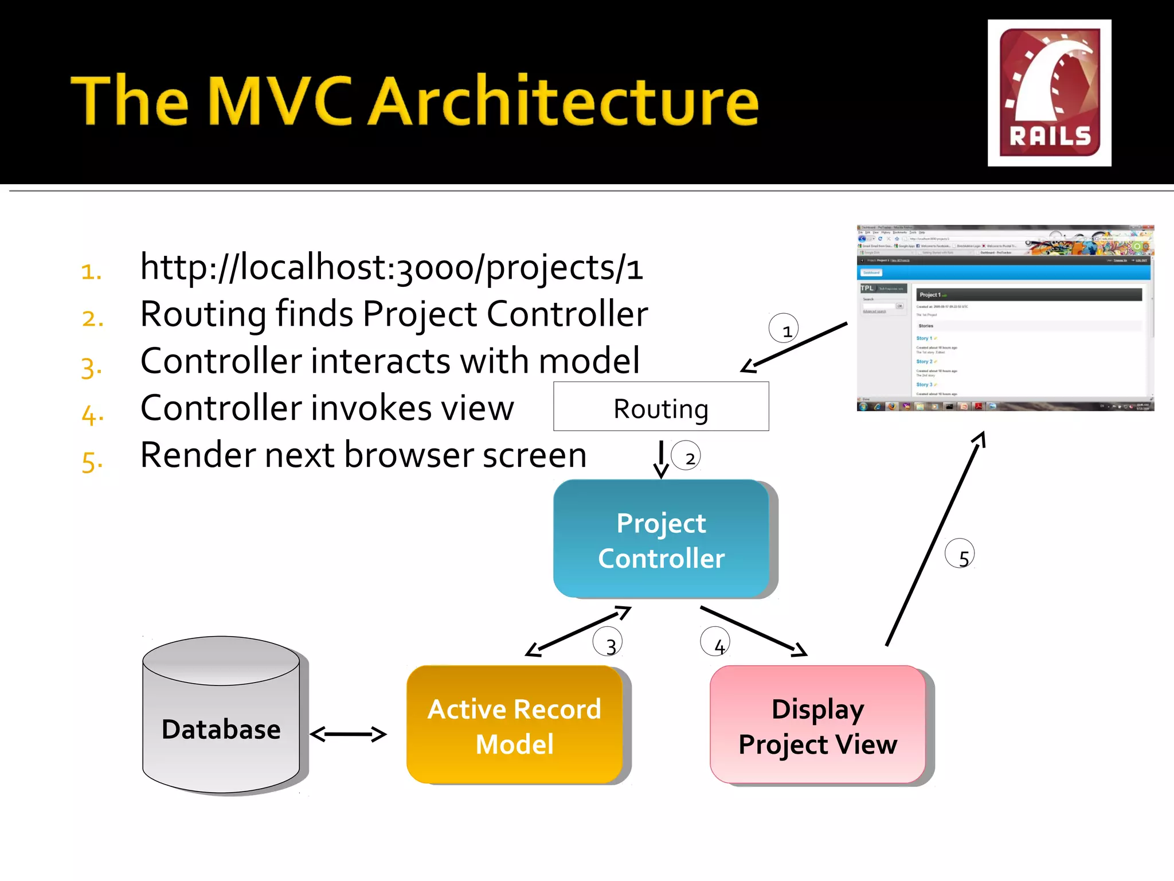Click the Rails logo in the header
(x=1049, y=93)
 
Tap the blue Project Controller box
(x=660, y=540)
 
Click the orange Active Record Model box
(x=514, y=726)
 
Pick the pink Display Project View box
(x=817, y=726)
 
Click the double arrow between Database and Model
(x=348, y=734)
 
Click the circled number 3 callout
(x=608, y=642)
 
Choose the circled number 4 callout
(x=715, y=642)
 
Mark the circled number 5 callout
(x=960, y=554)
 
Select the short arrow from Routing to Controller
(x=661, y=459)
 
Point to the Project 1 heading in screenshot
(x=930, y=295)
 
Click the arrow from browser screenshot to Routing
(x=794, y=348)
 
